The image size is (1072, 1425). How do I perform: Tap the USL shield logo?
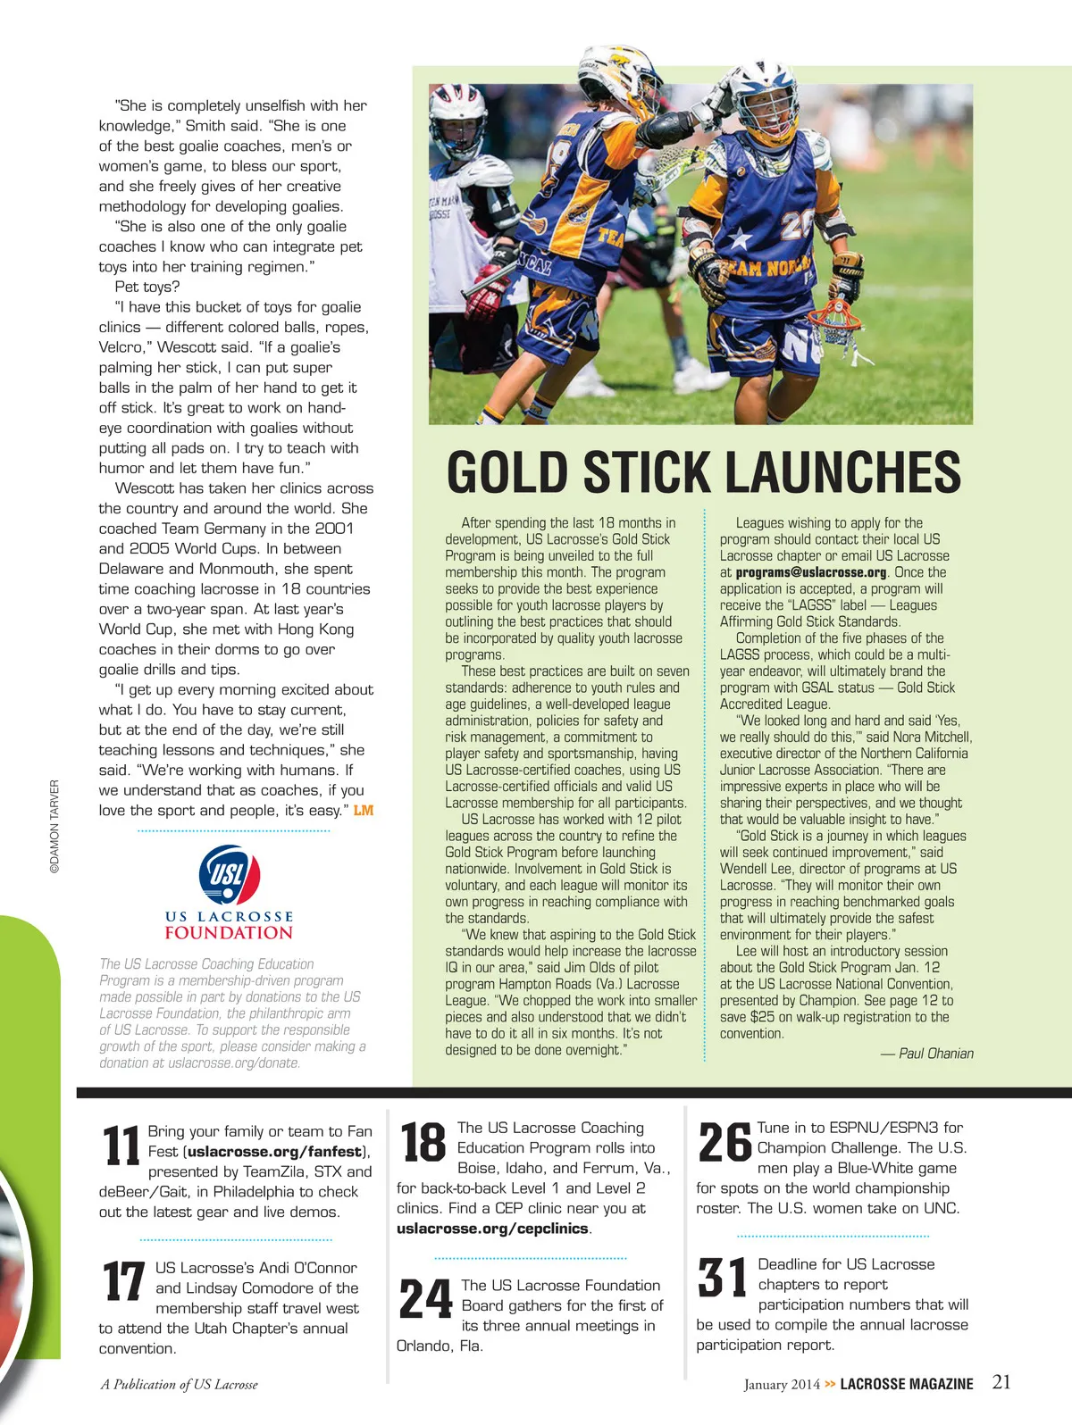click(229, 874)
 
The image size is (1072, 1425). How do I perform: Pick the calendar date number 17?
click(123, 1281)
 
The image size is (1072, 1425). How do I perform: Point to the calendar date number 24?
click(425, 1299)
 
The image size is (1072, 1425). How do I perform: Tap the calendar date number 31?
click(723, 1278)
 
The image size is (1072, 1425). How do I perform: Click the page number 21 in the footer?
click(1001, 1382)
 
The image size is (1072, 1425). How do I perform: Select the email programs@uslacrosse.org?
click(811, 572)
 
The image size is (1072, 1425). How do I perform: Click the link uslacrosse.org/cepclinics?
click(492, 1229)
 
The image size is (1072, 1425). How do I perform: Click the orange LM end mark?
click(364, 811)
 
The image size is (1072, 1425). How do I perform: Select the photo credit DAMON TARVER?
click(54, 826)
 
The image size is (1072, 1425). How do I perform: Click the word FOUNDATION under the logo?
click(229, 933)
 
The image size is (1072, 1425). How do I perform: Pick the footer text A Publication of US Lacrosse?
click(179, 1385)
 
